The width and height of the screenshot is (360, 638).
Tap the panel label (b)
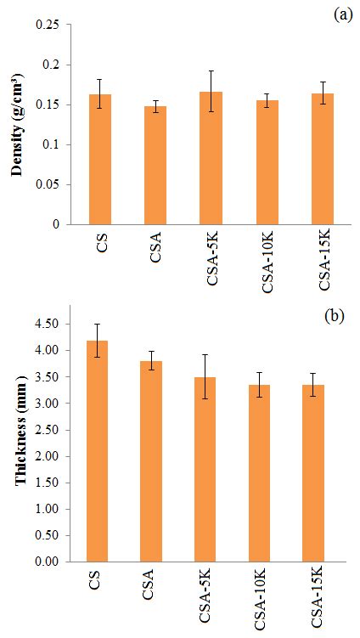click(x=334, y=318)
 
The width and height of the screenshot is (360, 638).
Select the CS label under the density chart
click(x=102, y=243)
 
